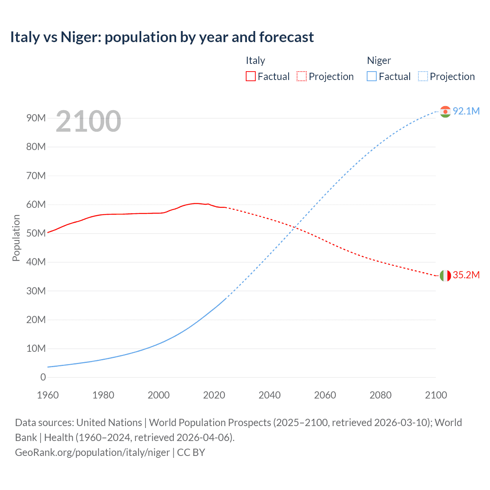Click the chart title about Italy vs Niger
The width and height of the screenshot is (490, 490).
pos(162,37)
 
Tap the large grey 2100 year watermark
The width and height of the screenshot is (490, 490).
pos(88,121)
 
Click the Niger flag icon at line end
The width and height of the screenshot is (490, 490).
pos(445,111)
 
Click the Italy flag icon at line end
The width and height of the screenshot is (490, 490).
pos(445,276)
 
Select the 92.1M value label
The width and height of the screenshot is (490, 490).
pos(466,111)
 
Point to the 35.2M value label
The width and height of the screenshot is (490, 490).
pos(466,275)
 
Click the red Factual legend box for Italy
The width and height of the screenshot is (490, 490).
pos(250,77)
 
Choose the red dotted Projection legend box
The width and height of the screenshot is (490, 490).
pos(302,77)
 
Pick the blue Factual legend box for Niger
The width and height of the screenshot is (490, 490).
pos(371,77)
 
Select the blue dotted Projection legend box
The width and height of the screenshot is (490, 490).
pos(423,77)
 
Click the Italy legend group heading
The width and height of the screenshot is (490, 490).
pos(255,60)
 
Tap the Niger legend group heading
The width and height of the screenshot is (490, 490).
pos(379,60)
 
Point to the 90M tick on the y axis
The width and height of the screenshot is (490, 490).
pos(36,118)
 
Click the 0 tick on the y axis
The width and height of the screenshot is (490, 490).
pos(43,377)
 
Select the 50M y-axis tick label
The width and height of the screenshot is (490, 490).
pos(36,233)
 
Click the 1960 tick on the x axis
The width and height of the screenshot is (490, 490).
pos(48,395)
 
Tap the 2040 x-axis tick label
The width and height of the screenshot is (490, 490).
pos(269,395)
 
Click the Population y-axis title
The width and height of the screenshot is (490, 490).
pos(16,238)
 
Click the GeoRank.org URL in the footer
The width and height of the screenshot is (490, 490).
pos(92,452)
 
